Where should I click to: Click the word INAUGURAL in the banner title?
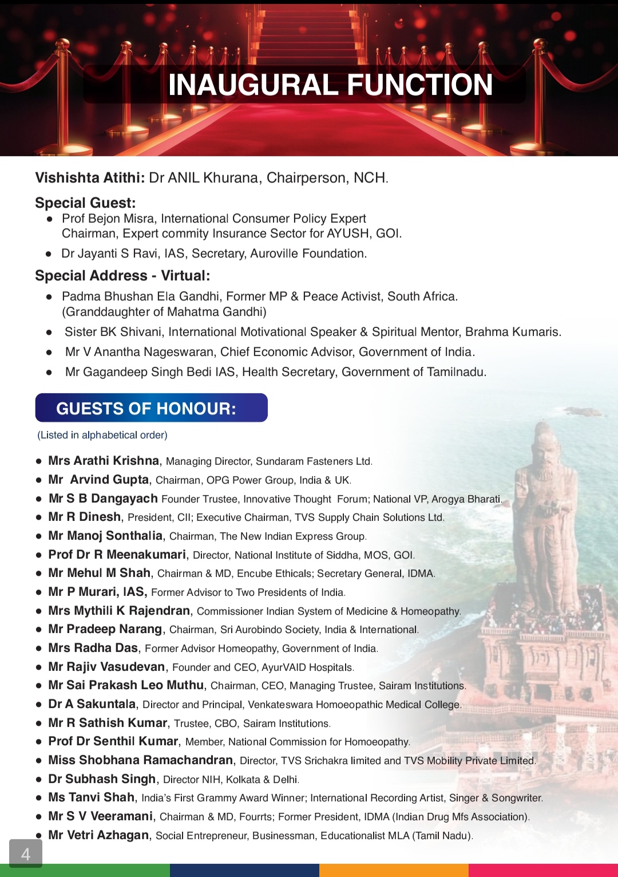pyautogui.click(x=253, y=85)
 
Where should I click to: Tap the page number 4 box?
pyautogui.click(x=26, y=854)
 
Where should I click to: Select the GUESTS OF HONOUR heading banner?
pyautogui.click(x=151, y=408)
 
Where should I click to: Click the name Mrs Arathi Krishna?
pyautogui.click(x=104, y=461)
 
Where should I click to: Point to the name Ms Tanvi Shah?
pyautogui.click(x=92, y=797)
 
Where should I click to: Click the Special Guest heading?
pyautogui.click(x=85, y=203)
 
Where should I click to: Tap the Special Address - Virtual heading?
pyautogui.click(x=122, y=275)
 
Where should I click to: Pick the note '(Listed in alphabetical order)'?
pyautogui.click(x=102, y=435)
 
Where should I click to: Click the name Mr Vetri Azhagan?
pyautogui.click(x=98, y=835)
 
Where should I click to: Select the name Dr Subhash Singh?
pyautogui.click(x=102, y=779)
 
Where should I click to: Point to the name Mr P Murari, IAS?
pyautogui.click(x=97, y=592)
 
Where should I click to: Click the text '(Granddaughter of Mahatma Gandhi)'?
pyautogui.click(x=164, y=312)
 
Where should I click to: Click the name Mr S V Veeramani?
pyautogui.click(x=101, y=816)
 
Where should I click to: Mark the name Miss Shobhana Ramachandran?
pyautogui.click(x=141, y=760)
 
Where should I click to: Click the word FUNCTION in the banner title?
pyautogui.click(x=419, y=85)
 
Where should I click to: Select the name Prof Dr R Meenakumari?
pyautogui.click(x=117, y=555)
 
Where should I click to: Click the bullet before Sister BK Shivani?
pyautogui.click(x=50, y=332)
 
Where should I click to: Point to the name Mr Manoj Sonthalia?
pyautogui.click(x=105, y=536)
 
